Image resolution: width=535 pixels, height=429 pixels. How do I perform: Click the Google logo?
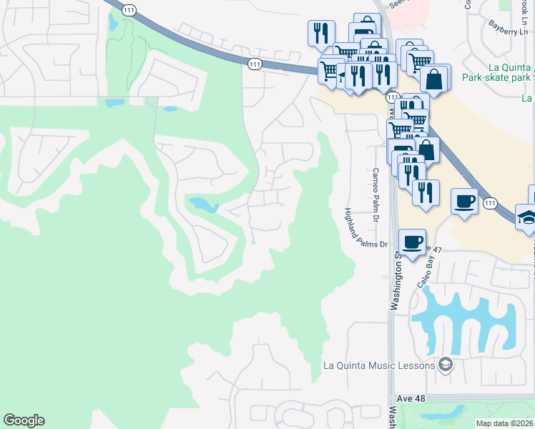(x=24, y=420)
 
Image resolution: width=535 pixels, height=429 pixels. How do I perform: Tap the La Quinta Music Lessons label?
(x=379, y=366)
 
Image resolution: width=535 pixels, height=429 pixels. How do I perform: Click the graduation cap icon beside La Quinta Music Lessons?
(x=446, y=365)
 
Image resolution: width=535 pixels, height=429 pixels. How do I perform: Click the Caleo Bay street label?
(x=428, y=270)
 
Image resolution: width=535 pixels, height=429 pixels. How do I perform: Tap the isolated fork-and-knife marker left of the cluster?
(x=320, y=33)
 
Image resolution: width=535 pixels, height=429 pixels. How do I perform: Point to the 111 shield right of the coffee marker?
(x=489, y=203)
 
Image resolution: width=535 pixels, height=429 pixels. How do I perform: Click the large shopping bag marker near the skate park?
(x=434, y=79)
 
